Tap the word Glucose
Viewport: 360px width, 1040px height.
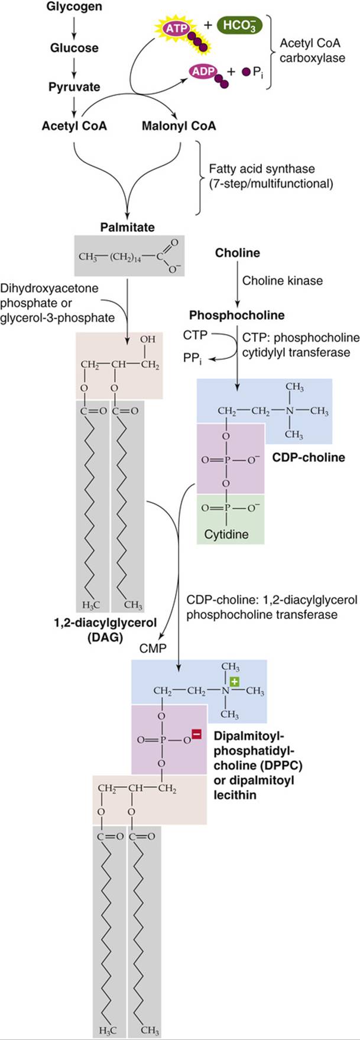point(74,47)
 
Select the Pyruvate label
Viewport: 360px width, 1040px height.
point(74,86)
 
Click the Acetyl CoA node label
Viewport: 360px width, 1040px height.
point(74,125)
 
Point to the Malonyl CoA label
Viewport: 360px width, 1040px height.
point(179,125)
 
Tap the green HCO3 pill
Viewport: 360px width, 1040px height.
point(239,26)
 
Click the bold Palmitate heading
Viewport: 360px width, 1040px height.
point(127,226)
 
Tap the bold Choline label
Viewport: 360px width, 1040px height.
point(238,252)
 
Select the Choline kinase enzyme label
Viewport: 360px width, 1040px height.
point(283,281)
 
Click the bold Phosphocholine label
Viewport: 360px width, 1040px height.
point(236,315)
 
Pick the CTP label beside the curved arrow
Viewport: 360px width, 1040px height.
point(195,335)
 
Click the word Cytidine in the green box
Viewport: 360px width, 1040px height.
point(226,534)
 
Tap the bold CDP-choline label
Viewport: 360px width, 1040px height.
point(309,457)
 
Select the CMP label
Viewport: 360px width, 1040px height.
point(153,649)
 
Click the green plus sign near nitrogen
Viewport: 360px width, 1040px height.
point(235,682)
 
